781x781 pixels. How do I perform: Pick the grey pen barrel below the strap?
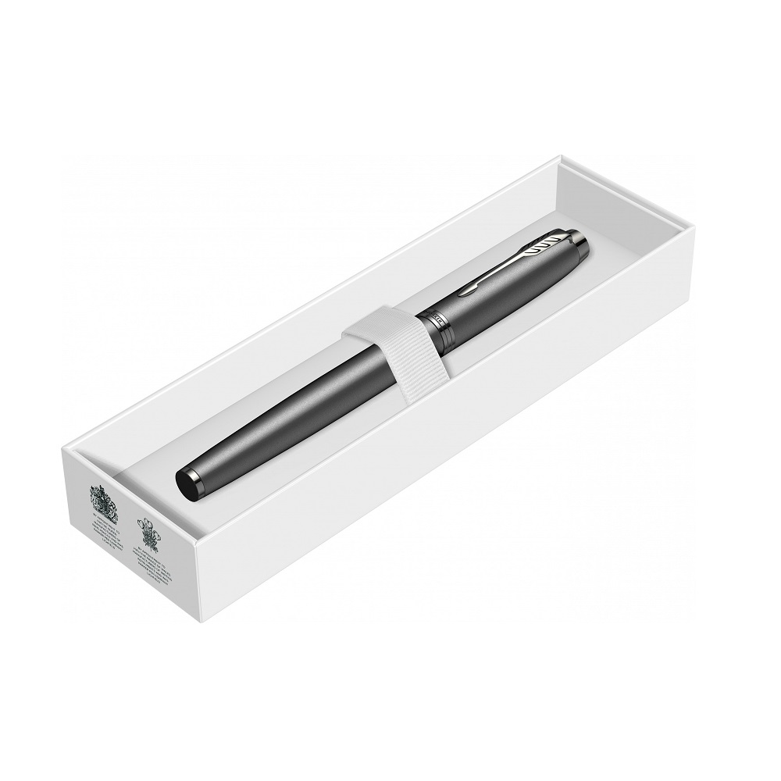(281, 418)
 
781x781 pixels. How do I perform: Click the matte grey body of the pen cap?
(515, 273)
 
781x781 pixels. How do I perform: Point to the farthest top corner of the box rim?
(559, 159)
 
